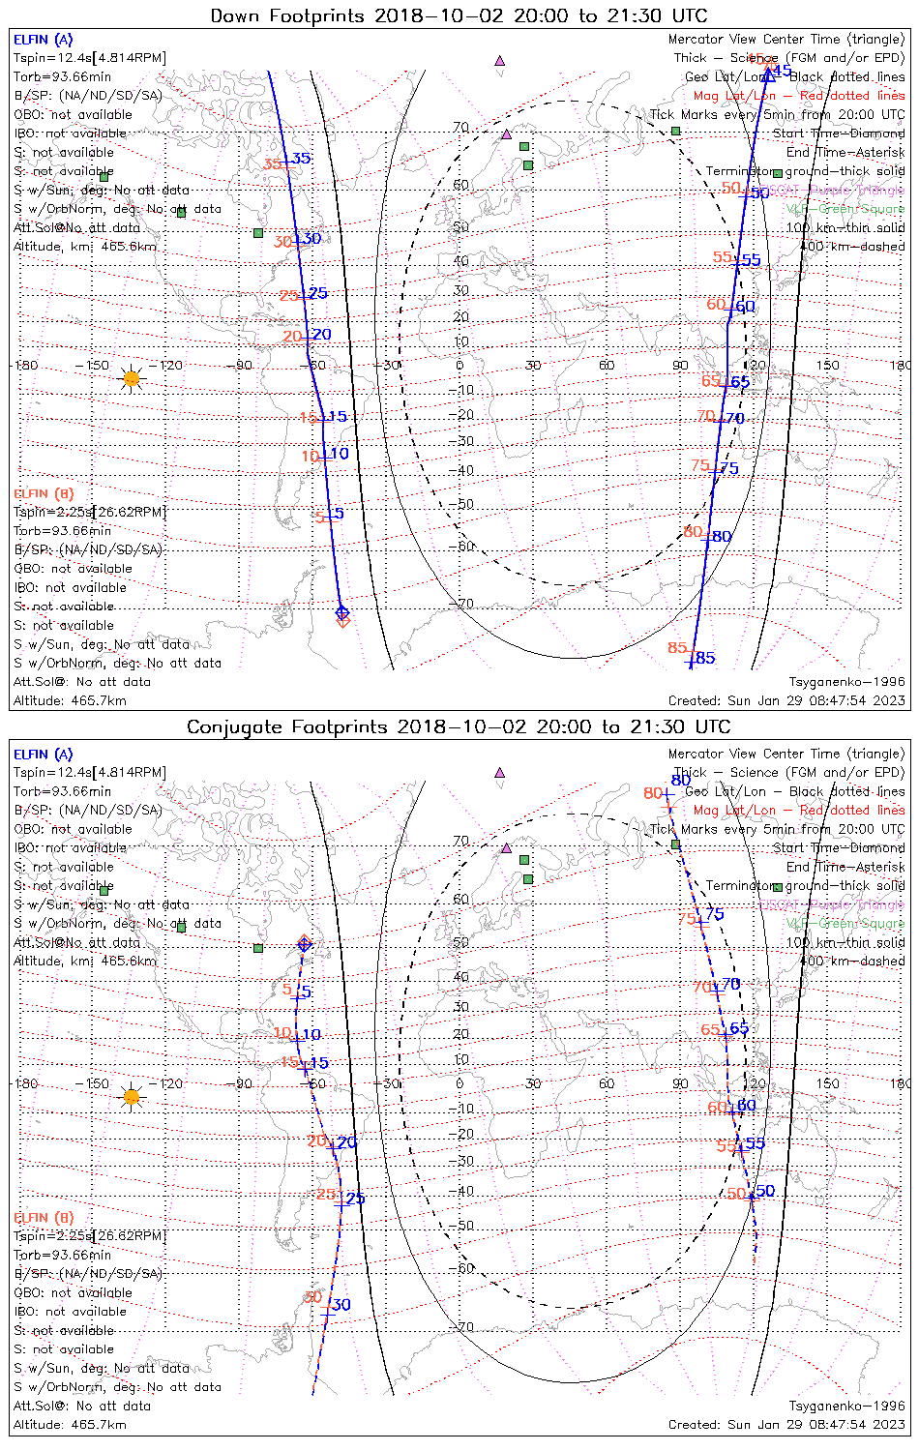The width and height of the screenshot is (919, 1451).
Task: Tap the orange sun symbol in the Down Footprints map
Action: pyautogui.click(x=132, y=378)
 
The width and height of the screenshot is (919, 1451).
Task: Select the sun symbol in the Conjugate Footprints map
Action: pyautogui.click(x=132, y=1097)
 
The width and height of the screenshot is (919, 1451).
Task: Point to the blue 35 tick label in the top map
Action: pyautogui.click(x=302, y=159)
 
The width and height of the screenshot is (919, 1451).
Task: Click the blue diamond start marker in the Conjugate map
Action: pyautogui.click(x=305, y=944)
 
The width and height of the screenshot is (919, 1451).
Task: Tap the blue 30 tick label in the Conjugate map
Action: pyautogui.click(x=341, y=1305)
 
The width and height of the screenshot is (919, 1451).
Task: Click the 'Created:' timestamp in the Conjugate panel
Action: pyautogui.click(x=786, y=1425)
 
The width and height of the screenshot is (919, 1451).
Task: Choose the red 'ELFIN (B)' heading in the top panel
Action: pyautogui.click(x=44, y=494)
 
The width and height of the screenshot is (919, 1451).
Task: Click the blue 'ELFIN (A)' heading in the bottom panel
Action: pyautogui.click(x=44, y=755)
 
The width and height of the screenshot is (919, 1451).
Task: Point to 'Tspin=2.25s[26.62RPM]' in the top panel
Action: pyautogui.click(x=89, y=513)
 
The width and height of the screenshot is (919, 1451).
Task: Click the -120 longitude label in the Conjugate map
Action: pyautogui.click(x=170, y=1083)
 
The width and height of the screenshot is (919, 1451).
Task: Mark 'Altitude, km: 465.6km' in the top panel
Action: pyautogui.click(x=85, y=247)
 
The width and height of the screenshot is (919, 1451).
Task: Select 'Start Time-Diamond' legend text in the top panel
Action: pyautogui.click(x=839, y=133)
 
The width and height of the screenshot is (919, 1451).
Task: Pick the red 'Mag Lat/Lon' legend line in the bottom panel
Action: pyautogui.click(x=799, y=811)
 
